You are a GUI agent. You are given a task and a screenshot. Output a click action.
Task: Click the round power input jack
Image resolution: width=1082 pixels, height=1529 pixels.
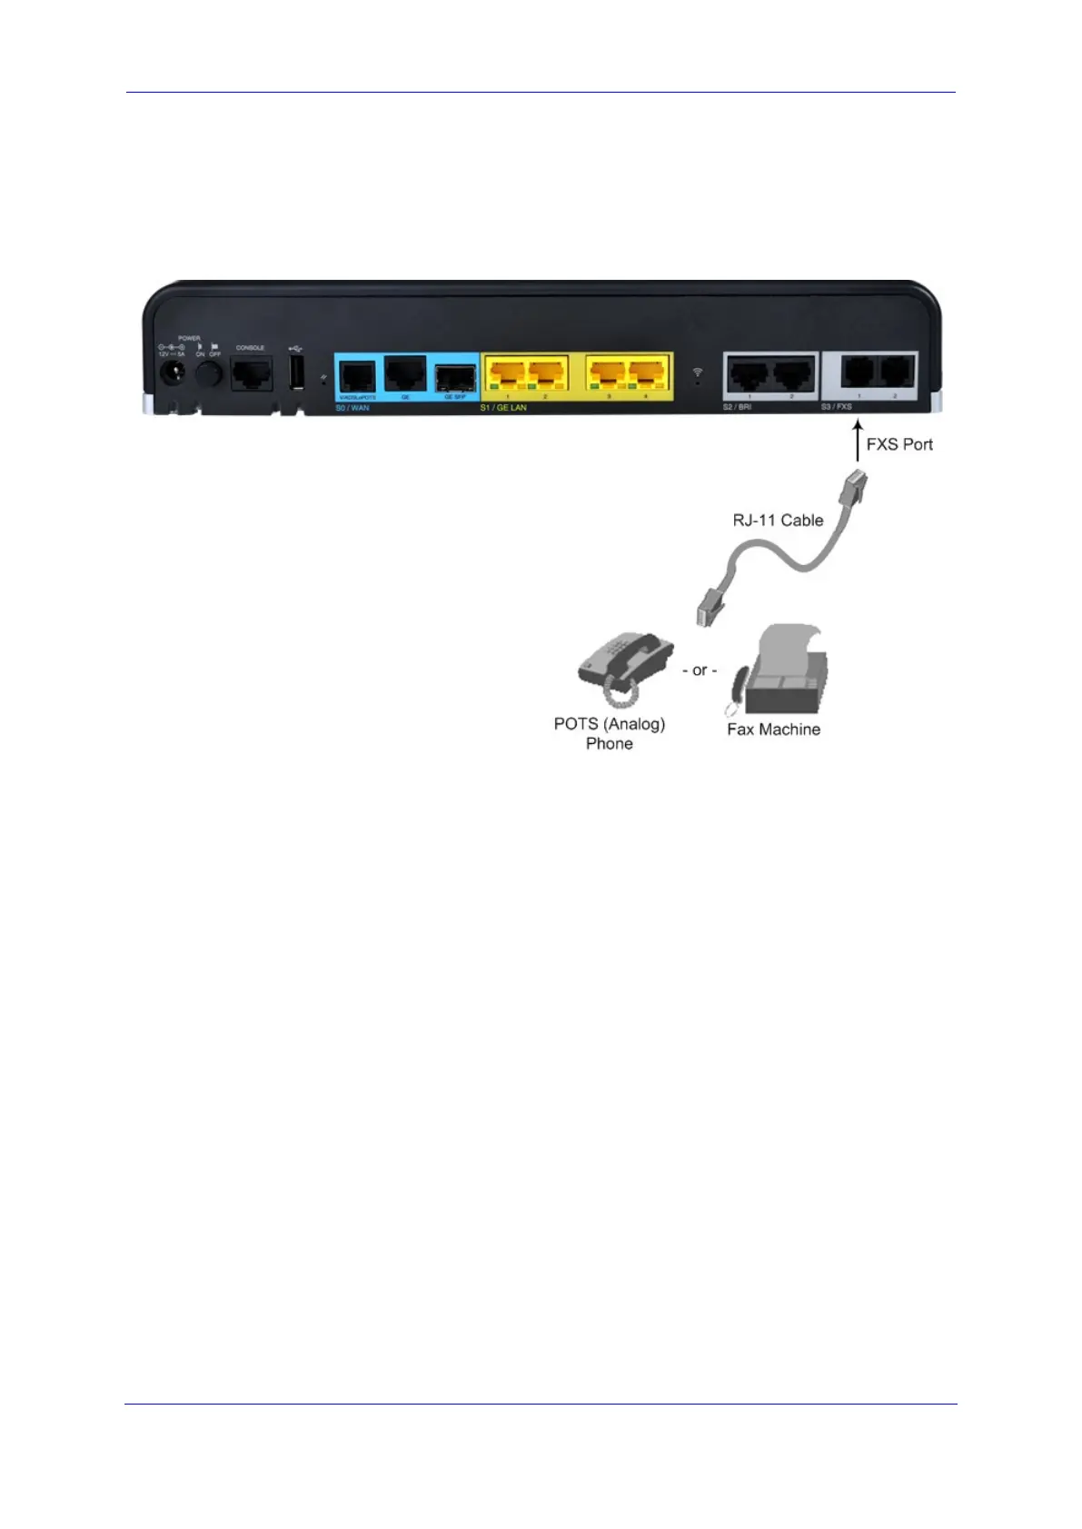coord(170,372)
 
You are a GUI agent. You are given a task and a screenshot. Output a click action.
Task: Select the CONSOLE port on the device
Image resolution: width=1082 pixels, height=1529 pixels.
coord(251,372)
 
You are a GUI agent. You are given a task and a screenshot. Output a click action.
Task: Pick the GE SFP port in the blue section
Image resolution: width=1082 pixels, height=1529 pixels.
coord(455,376)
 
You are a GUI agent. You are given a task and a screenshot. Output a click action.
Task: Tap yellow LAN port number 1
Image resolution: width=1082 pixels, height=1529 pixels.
coord(507,373)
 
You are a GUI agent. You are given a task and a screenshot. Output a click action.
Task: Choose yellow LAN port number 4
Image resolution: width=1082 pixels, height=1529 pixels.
coord(647,373)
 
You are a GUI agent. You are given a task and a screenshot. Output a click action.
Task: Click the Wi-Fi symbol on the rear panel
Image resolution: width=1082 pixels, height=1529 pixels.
coord(697,372)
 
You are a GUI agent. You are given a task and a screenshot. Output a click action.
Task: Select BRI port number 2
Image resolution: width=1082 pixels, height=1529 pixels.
coord(792,373)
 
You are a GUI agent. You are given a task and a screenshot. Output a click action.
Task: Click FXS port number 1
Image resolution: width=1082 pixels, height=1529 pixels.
coord(859,372)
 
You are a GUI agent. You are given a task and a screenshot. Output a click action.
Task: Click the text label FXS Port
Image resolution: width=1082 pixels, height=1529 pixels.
coord(899,444)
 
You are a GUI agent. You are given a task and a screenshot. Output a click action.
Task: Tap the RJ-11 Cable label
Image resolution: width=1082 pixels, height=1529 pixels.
coord(778,521)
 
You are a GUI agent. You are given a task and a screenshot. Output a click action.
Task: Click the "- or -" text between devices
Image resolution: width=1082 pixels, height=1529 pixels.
coord(700,670)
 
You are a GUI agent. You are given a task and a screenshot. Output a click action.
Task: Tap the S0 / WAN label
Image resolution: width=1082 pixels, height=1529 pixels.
coord(352,408)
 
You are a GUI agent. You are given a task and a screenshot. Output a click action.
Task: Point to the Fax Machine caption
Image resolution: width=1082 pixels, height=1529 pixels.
coord(773,730)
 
